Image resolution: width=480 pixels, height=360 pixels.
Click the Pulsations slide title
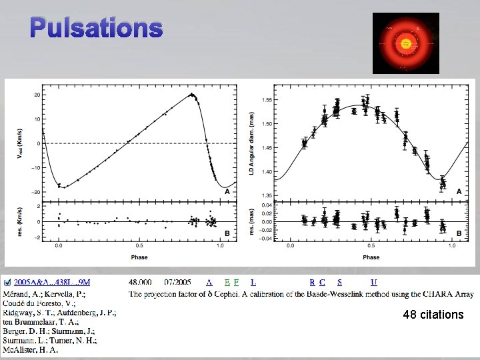(x=96, y=28)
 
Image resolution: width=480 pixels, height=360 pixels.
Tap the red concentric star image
(x=405, y=43)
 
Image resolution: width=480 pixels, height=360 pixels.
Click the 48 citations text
(x=433, y=314)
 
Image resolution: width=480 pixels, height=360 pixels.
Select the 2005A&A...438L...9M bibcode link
(x=52, y=283)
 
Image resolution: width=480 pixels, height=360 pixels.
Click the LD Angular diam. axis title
(x=252, y=144)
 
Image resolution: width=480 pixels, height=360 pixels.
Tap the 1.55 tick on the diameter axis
(x=266, y=99)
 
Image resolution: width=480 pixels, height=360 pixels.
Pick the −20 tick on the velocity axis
(x=37, y=192)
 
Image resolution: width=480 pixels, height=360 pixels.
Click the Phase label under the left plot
(x=140, y=257)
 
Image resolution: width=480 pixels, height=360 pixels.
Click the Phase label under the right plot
(x=371, y=257)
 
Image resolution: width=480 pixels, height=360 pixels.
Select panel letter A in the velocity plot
(x=227, y=191)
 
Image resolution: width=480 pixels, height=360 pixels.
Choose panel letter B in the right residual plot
(x=459, y=233)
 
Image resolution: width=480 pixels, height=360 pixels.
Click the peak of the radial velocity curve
(x=192, y=94)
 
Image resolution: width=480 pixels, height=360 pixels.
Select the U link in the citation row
(x=374, y=283)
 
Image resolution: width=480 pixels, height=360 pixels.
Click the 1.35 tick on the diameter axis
(x=266, y=195)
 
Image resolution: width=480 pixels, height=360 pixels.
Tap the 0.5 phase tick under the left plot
(x=140, y=246)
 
